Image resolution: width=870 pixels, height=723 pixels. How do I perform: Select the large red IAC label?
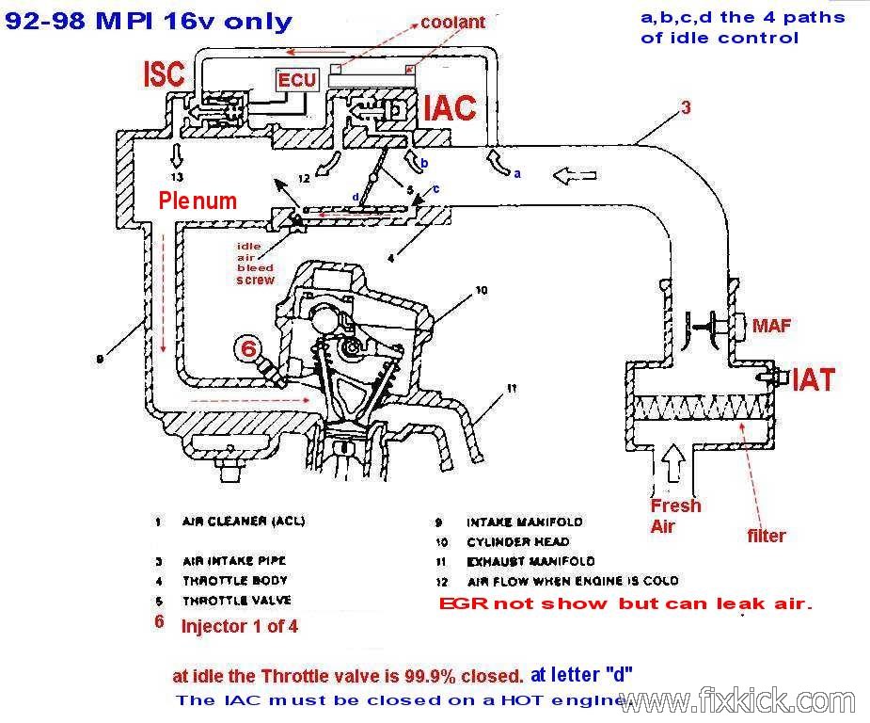click(449, 108)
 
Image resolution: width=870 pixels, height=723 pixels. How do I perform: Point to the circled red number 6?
click(248, 348)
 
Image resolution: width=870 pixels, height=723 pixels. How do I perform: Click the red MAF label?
click(771, 326)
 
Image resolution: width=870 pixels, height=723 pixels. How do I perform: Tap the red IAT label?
click(814, 379)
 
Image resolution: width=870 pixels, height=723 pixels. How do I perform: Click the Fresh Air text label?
click(675, 516)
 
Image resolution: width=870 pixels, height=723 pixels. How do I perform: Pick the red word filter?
click(766, 536)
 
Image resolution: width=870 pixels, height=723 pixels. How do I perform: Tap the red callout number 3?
click(687, 107)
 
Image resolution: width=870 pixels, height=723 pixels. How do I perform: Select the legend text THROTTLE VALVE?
click(237, 600)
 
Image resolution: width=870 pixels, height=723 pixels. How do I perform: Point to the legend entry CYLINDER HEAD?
click(517, 541)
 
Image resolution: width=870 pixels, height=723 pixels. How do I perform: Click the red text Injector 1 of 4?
click(239, 625)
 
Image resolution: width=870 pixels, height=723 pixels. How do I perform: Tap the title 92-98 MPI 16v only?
click(149, 21)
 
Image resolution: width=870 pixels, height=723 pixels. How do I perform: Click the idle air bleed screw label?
click(255, 263)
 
